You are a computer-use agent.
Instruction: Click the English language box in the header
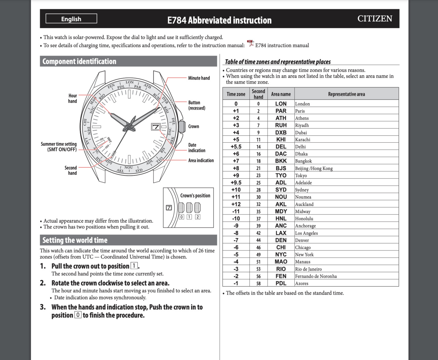pos(71,19)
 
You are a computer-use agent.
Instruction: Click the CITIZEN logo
pos(375,19)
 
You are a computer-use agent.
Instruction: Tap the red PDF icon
pos(250,43)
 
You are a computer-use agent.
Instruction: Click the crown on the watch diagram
pos(182,127)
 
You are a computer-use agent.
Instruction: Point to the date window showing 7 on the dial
pos(156,127)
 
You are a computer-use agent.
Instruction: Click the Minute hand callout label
pos(199,78)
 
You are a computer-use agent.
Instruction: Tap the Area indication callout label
pos(201,160)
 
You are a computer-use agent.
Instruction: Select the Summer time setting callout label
pos(59,147)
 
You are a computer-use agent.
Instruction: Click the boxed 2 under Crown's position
pos(197,217)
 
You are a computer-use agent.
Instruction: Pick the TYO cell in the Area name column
pos(281,176)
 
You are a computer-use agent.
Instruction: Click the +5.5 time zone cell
pos(236,147)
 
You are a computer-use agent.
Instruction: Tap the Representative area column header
pos(346,94)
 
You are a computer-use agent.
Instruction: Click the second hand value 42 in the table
pos(258,233)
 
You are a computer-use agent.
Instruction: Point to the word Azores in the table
pos(302,283)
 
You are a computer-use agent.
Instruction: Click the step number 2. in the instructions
pos(43,283)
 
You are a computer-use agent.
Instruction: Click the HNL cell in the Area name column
pos(281,219)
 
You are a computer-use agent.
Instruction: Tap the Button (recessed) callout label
pos(197,105)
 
